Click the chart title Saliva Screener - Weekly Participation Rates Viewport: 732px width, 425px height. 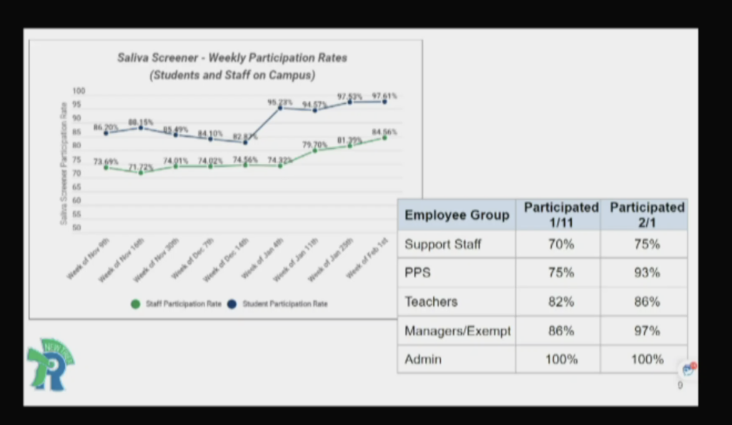[232, 58]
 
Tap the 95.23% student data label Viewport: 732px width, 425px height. [281, 102]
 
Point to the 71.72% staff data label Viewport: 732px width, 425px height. [141, 167]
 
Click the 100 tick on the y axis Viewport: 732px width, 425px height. [79, 92]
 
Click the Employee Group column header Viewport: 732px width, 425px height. [457, 215]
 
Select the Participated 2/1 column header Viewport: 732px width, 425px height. [647, 215]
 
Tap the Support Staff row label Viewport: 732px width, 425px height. [443, 244]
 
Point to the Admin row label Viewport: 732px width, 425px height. [423, 359]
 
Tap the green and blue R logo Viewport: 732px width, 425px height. [50, 365]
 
